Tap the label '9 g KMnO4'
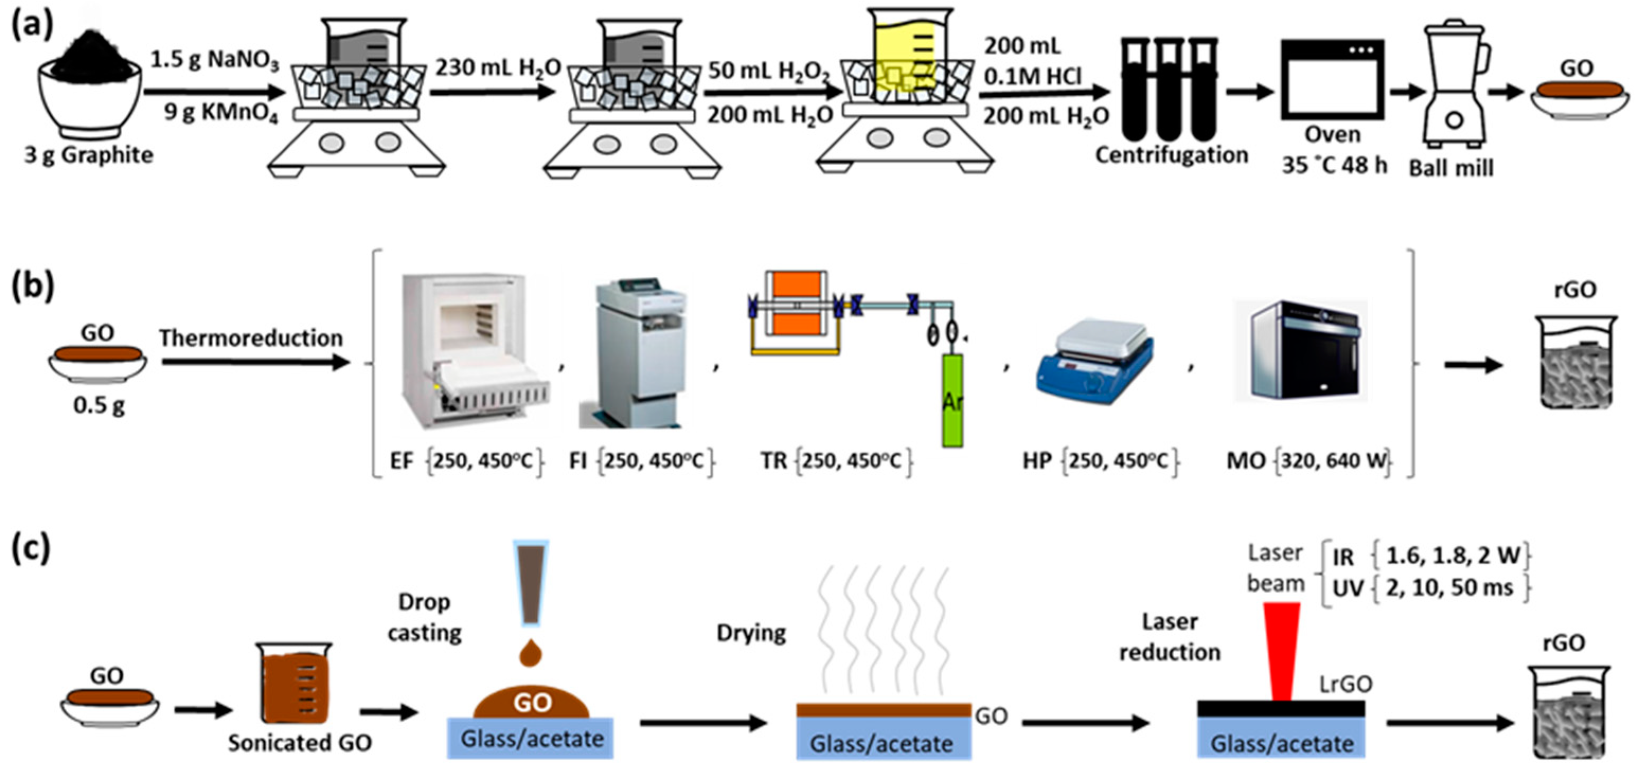point(221,114)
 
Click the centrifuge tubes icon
point(1168,89)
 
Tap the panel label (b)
point(33,286)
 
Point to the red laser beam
point(1282,650)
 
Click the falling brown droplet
point(531,653)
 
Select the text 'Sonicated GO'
point(300,743)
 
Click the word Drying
point(751,633)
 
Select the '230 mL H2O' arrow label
point(498,67)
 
